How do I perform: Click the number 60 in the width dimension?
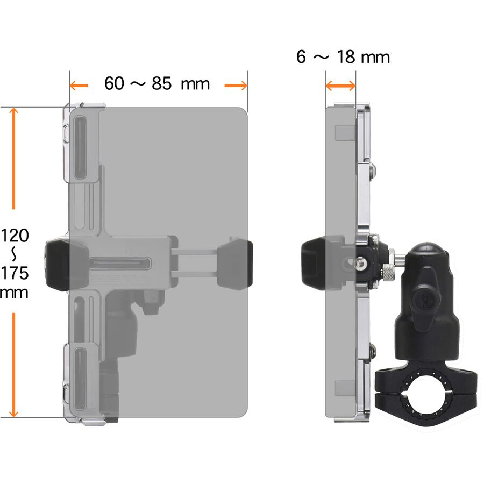pos(114,83)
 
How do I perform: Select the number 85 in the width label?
pos(161,83)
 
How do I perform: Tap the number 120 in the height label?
pos(15,236)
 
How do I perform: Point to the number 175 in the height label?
pos(15,273)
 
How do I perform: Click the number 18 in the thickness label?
pos(346,57)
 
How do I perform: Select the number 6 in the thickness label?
pos(301,57)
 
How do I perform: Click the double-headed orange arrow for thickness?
pos(340,86)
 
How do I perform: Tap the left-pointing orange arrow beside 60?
pos(79,86)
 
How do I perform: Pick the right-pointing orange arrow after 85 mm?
pos(236,86)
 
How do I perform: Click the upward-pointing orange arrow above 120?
pos(13,158)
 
